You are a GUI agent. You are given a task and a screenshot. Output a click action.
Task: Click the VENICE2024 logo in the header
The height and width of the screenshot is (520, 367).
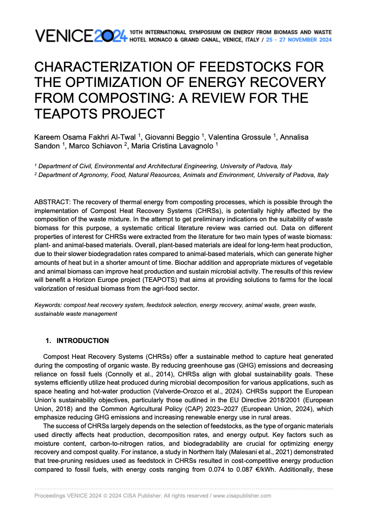81,36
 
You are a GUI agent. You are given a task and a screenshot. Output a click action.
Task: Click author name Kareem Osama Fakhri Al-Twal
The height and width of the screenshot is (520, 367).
84,137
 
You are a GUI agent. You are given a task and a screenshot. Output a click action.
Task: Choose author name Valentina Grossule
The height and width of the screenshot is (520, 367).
240,137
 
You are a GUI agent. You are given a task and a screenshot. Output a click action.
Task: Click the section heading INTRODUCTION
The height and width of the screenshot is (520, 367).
83,341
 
